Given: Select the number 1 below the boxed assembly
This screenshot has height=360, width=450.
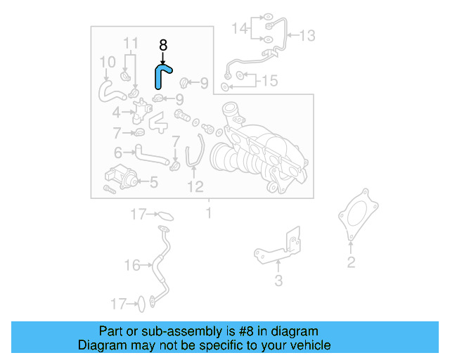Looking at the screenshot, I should tap(208, 212).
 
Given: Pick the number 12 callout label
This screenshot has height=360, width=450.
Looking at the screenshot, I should tap(195, 186).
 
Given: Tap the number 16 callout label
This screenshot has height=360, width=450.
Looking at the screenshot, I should tap(132, 265).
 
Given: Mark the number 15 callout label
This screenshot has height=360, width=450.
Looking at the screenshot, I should tap(269, 81).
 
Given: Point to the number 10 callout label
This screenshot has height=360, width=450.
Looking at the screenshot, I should tap(106, 63).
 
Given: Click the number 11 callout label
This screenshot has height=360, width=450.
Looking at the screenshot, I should tap(131, 44).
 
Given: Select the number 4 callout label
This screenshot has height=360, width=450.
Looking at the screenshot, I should tap(116, 112).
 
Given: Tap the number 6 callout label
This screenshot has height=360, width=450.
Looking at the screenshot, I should tap(119, 151).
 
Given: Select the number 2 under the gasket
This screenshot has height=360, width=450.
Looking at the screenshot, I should tap(351, 264).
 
